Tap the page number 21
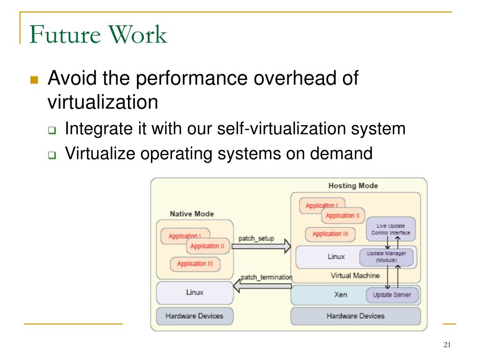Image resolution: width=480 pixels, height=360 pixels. coord(446,345)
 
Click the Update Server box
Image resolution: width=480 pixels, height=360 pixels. coord(392,295)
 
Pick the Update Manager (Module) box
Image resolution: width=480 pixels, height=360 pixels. coord(386,256)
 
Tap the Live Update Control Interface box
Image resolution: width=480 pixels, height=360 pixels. coord(390,229)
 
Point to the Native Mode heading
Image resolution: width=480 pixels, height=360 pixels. coord(192,214)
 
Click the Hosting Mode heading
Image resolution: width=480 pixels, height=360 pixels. coord(353,186)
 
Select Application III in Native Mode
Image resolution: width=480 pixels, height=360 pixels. coord(195,264)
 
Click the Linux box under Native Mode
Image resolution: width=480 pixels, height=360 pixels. coord(195,292)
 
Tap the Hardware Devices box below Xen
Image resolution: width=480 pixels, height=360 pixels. coord(355,316)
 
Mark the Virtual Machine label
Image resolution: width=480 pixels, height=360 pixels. coord(355,276)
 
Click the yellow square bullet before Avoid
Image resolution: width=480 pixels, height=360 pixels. coord(34,80)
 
